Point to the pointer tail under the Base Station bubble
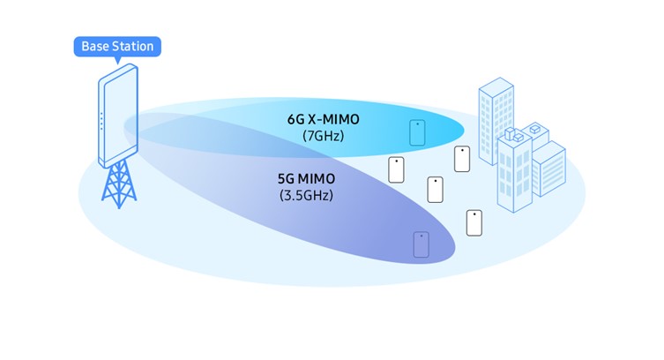click(x=118, y=60)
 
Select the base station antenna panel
click(x=118, y=116)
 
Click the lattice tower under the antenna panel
click(x=119, y=184)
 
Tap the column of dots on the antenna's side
click(x=101, y=122)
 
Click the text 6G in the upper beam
click(x=296, y=119)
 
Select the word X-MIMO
click(x=333, y=119)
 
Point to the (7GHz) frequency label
click(x=323, y=136)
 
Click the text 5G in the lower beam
click(x=286, y=179)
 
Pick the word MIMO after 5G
click(x=317, y=179)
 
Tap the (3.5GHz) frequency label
click(x=306, y=196)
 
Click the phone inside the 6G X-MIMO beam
click(x=417, y=132)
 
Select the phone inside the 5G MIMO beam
click(x=422, y=244)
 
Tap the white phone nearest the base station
click(x=396, y=169)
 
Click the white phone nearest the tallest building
click(x=462, y=159)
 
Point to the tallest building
click(x=496, y=122)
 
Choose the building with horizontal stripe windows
click(x=548, y=169)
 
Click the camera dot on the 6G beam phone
click(x=418, y=124)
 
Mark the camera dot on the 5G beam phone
click(x=422, y=236)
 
